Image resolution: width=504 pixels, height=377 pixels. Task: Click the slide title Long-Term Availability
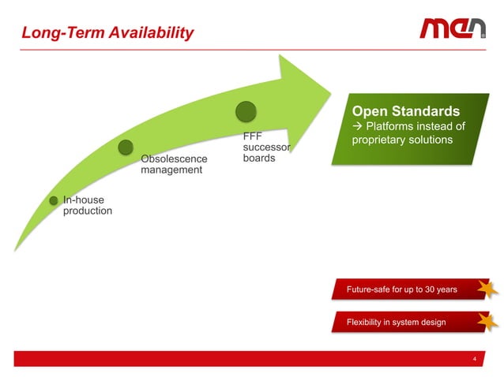107,33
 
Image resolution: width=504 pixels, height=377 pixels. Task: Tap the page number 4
474,359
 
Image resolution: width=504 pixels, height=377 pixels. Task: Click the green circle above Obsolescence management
126,147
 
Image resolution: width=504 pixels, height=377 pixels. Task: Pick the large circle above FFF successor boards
246,112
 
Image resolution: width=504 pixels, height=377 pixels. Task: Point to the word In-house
83,200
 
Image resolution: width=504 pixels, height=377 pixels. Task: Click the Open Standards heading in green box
405,110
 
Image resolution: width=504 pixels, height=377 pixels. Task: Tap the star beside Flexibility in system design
487,321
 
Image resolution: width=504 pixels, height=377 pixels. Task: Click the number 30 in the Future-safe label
431,289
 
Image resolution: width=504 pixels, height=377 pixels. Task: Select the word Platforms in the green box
393,127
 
